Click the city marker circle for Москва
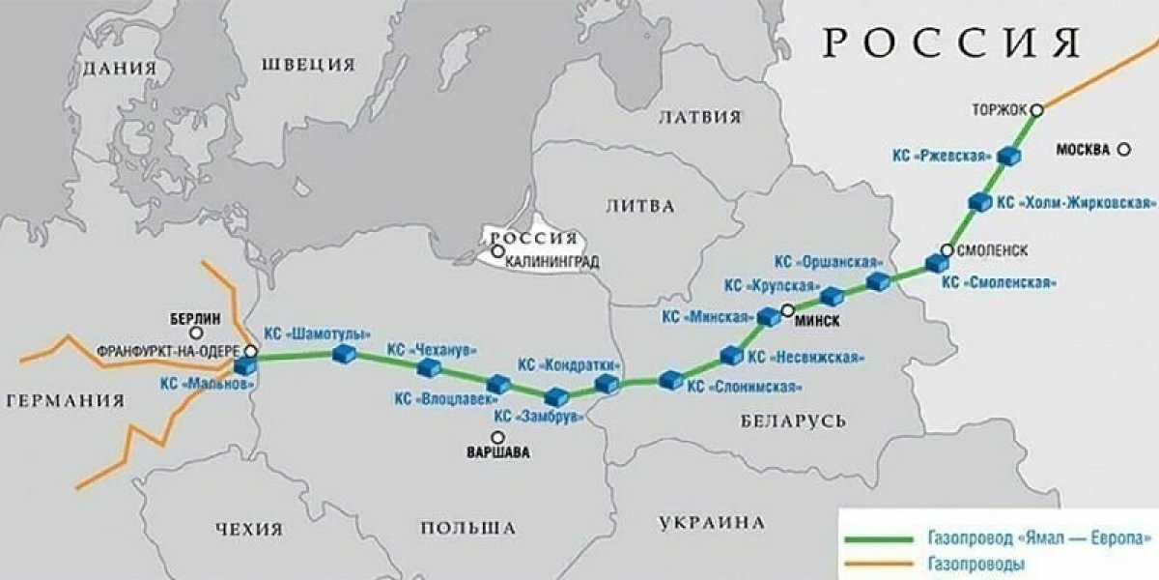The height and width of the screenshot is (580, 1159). coord(1124,149)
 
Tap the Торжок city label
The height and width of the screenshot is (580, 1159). coord(1000,111)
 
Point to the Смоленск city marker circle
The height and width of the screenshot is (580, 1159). coord(947,250)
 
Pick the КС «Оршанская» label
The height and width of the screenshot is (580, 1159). coord(830,262)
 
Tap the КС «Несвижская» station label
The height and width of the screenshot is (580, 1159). coord(806,357)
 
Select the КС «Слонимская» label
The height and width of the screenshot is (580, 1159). coord(744,387)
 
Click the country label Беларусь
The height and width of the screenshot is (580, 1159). coord(794,420)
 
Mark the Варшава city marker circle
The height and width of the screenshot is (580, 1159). coord(496,437)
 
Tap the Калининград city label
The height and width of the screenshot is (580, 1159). coord(551,261)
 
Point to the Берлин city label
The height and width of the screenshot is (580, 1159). coord(195,318)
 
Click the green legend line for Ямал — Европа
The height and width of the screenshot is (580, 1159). coord(878,538)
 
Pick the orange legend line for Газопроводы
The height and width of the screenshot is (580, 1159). coord(878,563)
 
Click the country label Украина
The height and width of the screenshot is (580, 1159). coord(712,523)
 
